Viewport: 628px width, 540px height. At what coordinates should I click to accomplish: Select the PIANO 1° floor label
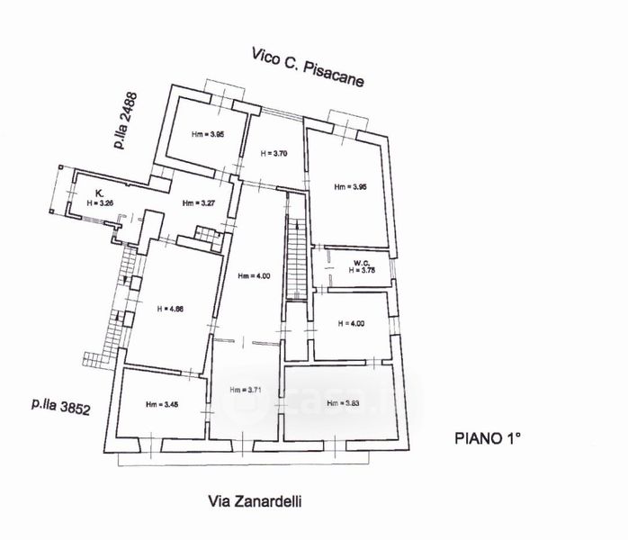point(487,438)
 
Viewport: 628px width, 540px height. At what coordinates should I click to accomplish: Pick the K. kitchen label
point(101,193)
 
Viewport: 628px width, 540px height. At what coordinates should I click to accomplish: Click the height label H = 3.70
point(274,154)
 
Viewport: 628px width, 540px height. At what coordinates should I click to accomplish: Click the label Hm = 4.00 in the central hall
point(253,275)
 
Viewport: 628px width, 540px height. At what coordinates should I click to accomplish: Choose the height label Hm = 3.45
point(163,404)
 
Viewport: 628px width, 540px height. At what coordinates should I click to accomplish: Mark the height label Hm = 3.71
point(247,391)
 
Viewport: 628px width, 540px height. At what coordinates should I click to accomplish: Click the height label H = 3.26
point(100,203)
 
